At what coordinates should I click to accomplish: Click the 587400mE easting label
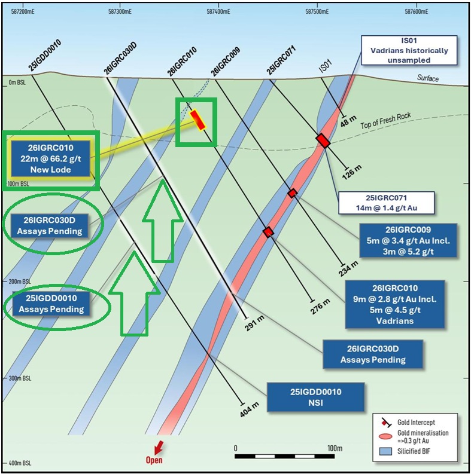pyautogui.click(x=218, y=11)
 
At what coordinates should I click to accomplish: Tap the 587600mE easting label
pyautogui.click(x=417, y=11)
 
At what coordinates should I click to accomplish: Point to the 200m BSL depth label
pyautogui.click(x=20, y=282)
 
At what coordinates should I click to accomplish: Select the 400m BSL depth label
pyautogui.click(x=20, y=463)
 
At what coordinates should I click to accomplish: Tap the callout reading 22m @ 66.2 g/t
pyautogui.click(x=50, y=159)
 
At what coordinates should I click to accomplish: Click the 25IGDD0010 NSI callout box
pyautogui.click(x=315, y=397)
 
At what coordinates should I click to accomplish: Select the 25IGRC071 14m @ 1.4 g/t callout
pyautogui.click(x=386, y=203)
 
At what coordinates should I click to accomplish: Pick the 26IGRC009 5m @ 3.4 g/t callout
pyautogui.click(x=408, y=241)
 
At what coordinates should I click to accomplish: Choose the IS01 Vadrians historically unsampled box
pyautogui.click(x=409, y=50)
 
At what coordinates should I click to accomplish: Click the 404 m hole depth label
pyautogui.click(x=250, y=410)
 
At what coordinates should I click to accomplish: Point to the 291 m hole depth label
pyautogui.click(x=254, y=323)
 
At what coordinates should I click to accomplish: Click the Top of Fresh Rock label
pyautogui.click(x=386, y=120)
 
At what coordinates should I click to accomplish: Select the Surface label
pyautogui.click(x=428, y=78)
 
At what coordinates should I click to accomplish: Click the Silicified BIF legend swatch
pyautogui.click(x=385, y=451)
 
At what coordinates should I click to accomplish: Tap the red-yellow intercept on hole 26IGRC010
pyautogui.click(x=197, y=120)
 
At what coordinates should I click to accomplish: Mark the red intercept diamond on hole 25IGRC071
pyautogui.click(x=323, y=140)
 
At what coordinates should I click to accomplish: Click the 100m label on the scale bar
pyautogui.click(x=335, y=448)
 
